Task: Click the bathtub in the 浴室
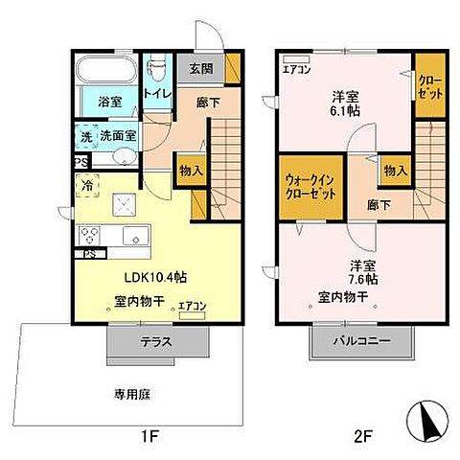pyautogui.click(x=106, y=73)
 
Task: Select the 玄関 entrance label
pyautogui.click(x=200, y=69)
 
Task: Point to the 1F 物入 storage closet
pyautogui.click(x=191, y=171)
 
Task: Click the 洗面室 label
pyautogui.click(x=121, y=137)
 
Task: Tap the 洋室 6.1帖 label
pyautogui.click(x=345, y=103)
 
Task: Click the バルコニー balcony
pyautogui.click(x=362, y=340)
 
